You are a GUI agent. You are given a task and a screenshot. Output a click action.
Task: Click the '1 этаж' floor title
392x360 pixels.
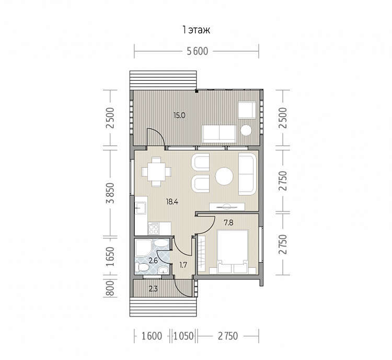tap(196, 30)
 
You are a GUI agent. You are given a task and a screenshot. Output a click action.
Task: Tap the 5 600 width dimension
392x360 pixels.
tap(198, 51)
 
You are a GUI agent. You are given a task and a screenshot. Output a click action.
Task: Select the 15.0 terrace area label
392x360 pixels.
tap(179, 116)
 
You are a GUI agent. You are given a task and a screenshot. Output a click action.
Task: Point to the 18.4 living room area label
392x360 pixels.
tap(172, 201)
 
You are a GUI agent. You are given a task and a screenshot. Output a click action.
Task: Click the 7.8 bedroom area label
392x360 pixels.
tap(228, 222)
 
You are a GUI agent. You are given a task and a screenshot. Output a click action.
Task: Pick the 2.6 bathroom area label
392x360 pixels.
tap(153, 261)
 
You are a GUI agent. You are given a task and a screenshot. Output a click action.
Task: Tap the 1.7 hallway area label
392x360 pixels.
tap(183, 265)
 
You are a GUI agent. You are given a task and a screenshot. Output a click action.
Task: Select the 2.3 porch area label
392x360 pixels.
tap(153, 289)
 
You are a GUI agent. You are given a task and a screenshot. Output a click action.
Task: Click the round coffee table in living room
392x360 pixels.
tap(224, 176)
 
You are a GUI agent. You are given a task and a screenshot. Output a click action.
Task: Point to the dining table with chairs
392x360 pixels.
tap(156, 172)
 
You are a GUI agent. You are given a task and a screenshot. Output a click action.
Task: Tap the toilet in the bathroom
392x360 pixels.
tap(142, 267)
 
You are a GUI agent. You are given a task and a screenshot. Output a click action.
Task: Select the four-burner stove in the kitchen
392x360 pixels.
tap(154, 229)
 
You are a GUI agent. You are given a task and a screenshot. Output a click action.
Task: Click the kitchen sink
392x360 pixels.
tap(141, 208)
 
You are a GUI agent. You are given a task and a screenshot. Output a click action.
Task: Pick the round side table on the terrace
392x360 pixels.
tap(246, 130)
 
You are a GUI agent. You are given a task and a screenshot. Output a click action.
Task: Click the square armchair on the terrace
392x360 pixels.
tap(247, 110)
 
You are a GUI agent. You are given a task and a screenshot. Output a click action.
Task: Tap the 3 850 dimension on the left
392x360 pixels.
tap(110, 193)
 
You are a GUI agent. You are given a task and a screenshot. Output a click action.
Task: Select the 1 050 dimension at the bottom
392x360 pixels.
tap(184, 336)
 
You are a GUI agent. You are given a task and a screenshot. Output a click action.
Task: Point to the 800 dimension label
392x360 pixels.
tap(110, 288)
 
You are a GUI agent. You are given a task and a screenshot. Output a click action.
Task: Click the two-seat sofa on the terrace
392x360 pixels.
tap(219, 133)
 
